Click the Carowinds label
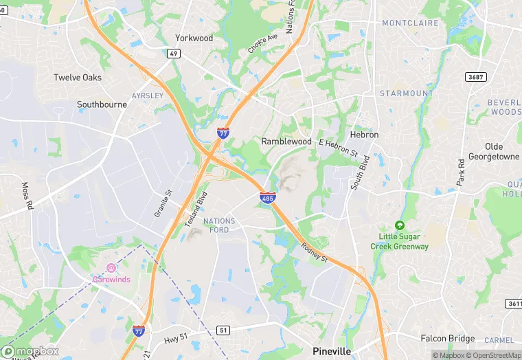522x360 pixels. (x=112, y=279)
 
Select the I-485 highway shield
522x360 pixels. (x=269, y=198)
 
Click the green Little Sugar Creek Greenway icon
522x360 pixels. (x=399, y=225)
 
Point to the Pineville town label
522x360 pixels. (x=332, y=350)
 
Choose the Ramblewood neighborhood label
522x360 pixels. (x=286, y=142)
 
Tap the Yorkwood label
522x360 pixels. (x=194, y=38)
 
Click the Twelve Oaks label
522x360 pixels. (x=78, y=78)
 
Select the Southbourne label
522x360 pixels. (x=102, y=105)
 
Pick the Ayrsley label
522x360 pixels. (x=148, y=95)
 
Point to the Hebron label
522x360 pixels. (x=364, y=135)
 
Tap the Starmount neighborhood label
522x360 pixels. (x=407, y=93)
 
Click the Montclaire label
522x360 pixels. (x=411, y=23)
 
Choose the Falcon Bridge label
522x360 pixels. (x=447, y=338)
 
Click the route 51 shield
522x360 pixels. (x=223, y=330)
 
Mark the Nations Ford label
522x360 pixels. (x=220, y=225)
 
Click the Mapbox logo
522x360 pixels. (x=30, y=351)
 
